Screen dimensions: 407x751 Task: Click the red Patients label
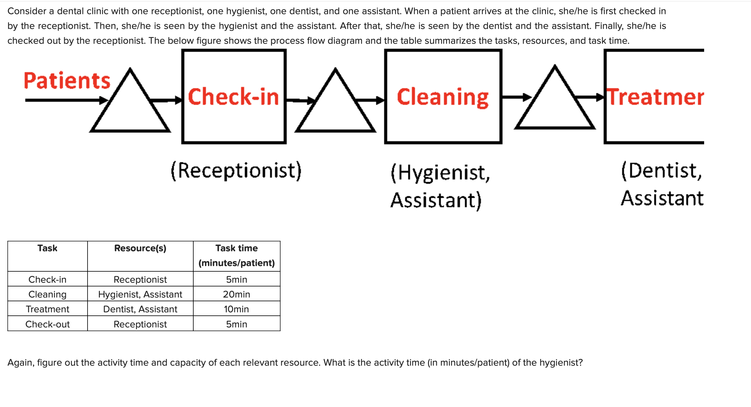(x=67, y=81)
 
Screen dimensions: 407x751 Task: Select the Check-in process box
(x=234, y=97)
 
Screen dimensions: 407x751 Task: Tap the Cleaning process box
(x=443, y=97)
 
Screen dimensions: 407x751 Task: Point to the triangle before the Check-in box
(x=130, y=105)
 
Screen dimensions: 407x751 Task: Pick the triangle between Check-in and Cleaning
(x=335, y=105)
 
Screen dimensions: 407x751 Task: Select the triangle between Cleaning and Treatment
(x=555, y=102)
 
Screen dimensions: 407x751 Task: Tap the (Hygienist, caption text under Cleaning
(x=440, y=172)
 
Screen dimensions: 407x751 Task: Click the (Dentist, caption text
(x=662, y=171)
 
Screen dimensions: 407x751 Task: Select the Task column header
(x=47, y=248)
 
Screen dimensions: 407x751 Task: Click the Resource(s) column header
(x=140, y=248)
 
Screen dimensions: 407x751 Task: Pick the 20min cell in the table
(x=236, y=294)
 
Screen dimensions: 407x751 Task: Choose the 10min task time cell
(x=236, y=309)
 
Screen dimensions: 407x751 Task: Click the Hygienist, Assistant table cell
(x=140, y=294)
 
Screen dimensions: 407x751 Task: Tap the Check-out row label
(x=47, y=324)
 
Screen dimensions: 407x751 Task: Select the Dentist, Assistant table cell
(x=140, y=309)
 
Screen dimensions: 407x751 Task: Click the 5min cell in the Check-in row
(x=236, y=279)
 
